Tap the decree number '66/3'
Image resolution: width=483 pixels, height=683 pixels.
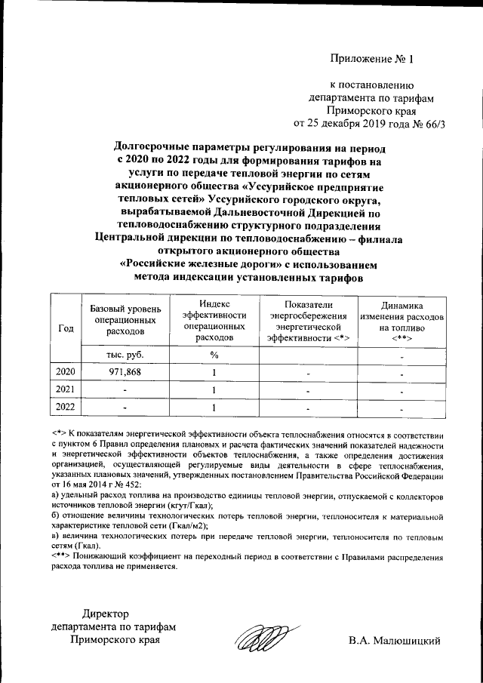tap(431, 124)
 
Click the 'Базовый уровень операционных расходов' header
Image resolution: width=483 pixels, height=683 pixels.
tap(125, 321)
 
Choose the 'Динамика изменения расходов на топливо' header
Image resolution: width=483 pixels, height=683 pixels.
tap(401, 322)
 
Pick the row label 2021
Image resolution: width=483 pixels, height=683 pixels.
tap(66, 390)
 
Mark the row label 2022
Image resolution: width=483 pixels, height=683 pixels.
tap(66, 408)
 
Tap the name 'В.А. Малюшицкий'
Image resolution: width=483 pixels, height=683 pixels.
tap(394, 641)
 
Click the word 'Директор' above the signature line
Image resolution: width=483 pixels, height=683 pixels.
tap(106, 613)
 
